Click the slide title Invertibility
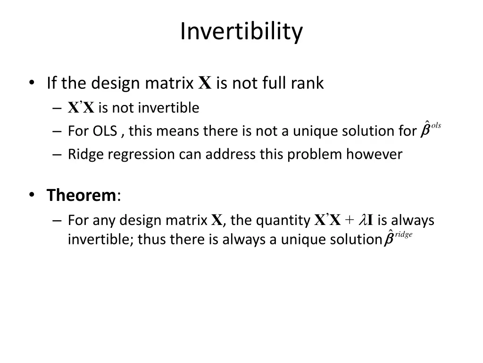point(241,32)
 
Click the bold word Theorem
point(81,195)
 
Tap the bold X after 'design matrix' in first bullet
point(204,83)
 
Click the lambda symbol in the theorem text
point(363,220)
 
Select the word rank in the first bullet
point(307,83)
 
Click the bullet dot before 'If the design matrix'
point(32,83)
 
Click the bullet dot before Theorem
point(32,195)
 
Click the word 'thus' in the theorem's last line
point(152,240)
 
